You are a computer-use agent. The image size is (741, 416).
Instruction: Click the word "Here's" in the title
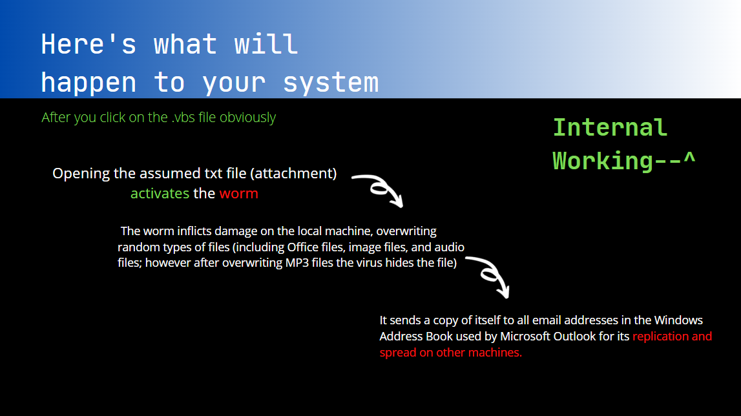tap(89, 45)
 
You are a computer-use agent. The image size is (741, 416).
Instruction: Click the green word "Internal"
tap(610, 128)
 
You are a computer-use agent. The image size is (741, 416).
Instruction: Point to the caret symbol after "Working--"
tap(689, 158)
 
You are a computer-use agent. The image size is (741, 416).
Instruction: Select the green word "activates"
tap(160, 193)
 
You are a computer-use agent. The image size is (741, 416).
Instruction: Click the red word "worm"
tap(238, 194)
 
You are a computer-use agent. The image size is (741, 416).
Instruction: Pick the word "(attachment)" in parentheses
tap(293, 174)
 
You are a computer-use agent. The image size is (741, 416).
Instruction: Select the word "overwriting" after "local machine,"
tap(406, 232)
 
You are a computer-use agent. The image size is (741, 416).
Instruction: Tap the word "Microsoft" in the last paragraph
tap(525, 337)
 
